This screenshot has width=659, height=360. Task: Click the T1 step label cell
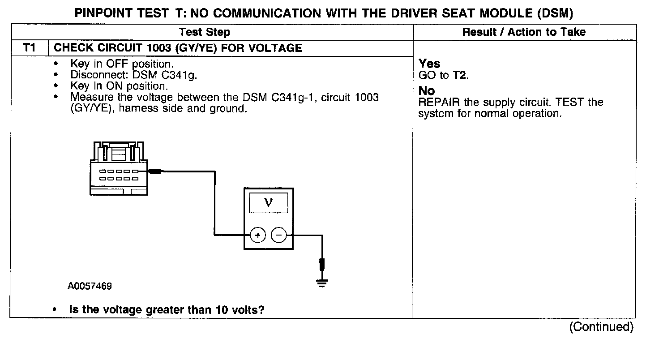tap(29, 48)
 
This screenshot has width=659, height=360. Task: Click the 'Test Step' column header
tap(205, 32)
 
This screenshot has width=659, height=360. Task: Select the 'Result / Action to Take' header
tap(524, 32)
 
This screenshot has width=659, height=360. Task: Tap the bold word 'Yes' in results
tap(429, 64)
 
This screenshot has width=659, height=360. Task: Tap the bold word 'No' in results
tap(427, 91)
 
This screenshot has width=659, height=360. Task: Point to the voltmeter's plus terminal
tap(257, 235)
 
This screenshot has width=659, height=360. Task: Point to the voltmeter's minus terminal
tap(279, 235)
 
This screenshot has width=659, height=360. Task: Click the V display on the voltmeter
tap(268, 203)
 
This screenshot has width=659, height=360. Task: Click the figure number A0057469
tap(90, 286)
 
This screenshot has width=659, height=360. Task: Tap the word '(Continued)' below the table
tap(601, 327)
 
